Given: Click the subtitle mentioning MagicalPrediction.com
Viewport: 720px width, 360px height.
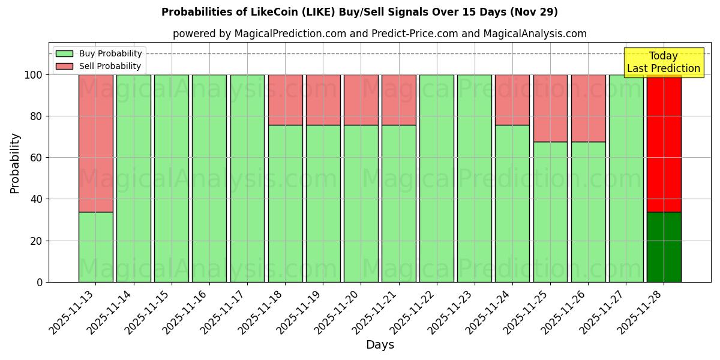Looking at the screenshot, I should [x=379, y=34].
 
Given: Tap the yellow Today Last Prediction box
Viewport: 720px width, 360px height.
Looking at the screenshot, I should [x=663, y=62].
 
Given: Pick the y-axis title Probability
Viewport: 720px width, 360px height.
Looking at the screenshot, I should [x=15, y=163].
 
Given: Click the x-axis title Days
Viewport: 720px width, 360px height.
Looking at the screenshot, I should [x=380, y=345].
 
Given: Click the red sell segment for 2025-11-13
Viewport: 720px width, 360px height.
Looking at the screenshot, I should [x=95, y=143].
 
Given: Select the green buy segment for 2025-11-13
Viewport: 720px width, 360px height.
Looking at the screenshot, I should [x=95, y=247].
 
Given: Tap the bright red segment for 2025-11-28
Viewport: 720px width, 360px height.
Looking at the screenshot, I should [x=664, y=143].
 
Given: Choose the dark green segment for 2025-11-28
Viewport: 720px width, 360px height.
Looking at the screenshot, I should [x=664, y=247].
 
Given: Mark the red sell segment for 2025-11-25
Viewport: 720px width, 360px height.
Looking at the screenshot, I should [x=550, y=108].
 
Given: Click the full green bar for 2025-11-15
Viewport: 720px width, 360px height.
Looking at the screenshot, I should [x=172, y=178].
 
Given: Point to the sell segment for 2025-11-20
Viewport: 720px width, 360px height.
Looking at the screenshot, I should [x=361, y=100].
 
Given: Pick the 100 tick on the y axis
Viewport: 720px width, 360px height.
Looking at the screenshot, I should [x=33, y=75].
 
